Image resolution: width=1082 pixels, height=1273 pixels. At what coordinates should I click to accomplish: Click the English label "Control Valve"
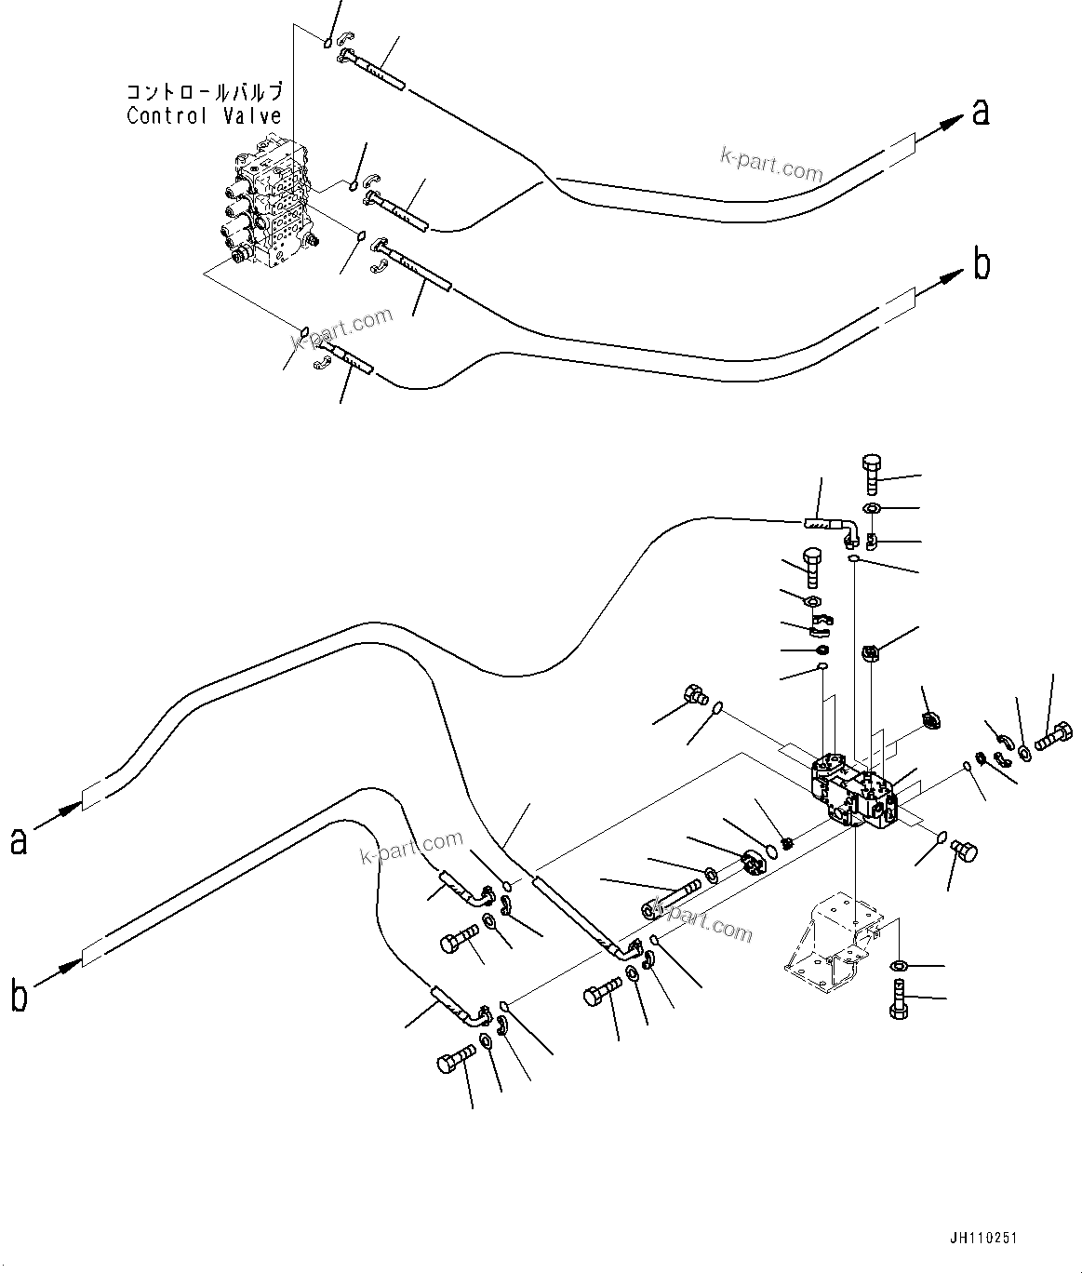[x=204, y=116]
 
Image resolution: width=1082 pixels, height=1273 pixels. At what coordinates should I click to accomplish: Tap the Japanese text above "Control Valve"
[x=204, y=92]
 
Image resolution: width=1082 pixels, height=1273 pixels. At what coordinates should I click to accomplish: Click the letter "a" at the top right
[x=980, y=113]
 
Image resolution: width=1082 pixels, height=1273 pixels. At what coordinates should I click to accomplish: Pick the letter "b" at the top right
[x=981, y=265]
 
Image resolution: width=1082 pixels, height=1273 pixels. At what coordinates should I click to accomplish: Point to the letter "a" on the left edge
[x=19, y=840]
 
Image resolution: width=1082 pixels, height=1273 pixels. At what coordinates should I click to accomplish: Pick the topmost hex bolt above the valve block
[x=871, y=475]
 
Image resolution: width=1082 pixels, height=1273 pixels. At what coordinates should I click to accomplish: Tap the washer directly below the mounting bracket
[x=900, y=965]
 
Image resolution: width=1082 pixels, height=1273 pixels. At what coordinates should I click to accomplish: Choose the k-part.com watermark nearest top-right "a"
[x=771, y=167]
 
